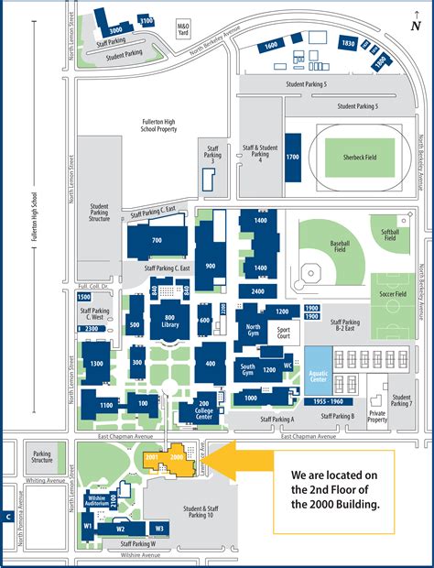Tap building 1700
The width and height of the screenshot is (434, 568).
[293, 158]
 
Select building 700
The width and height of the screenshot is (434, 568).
[157, 240]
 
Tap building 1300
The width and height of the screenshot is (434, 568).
[98, 364]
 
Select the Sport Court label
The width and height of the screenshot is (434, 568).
[282, 330]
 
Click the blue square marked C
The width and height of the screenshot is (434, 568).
[7, 517]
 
